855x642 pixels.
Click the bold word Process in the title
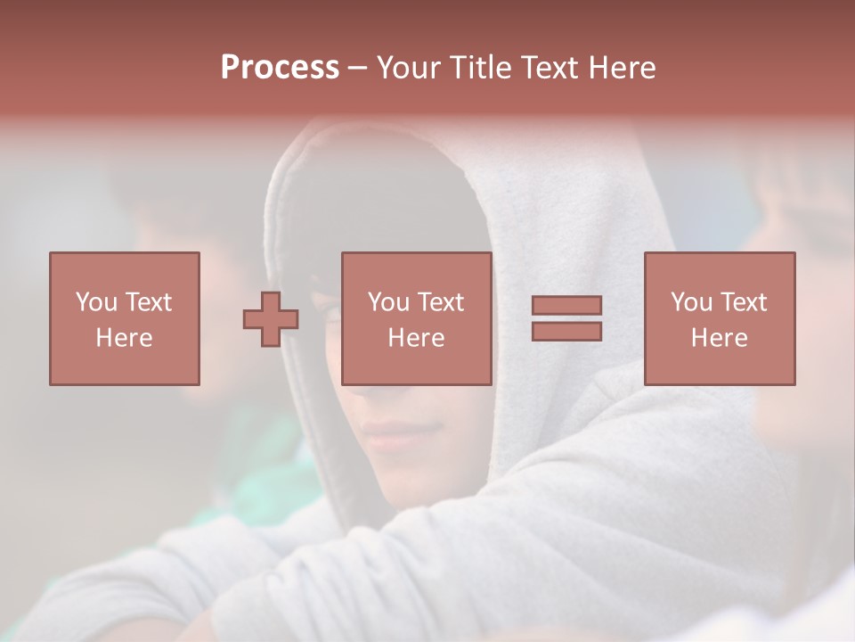pos(280,68)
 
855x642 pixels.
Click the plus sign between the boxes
pos(271,319)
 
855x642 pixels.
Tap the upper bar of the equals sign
pos(566,306)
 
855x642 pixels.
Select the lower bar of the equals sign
pos(566,332)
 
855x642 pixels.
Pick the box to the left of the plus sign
pos(125,318)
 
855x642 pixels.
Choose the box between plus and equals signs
pos(417,318)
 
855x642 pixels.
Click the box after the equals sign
pos(720,318)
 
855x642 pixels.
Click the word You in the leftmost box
pos(96,302)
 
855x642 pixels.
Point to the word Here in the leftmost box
pos(125,338)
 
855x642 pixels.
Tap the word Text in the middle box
pos(440,302)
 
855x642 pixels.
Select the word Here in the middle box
pos(417,338)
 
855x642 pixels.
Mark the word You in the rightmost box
pos(691,302)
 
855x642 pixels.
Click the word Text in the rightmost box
pos(743,302)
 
